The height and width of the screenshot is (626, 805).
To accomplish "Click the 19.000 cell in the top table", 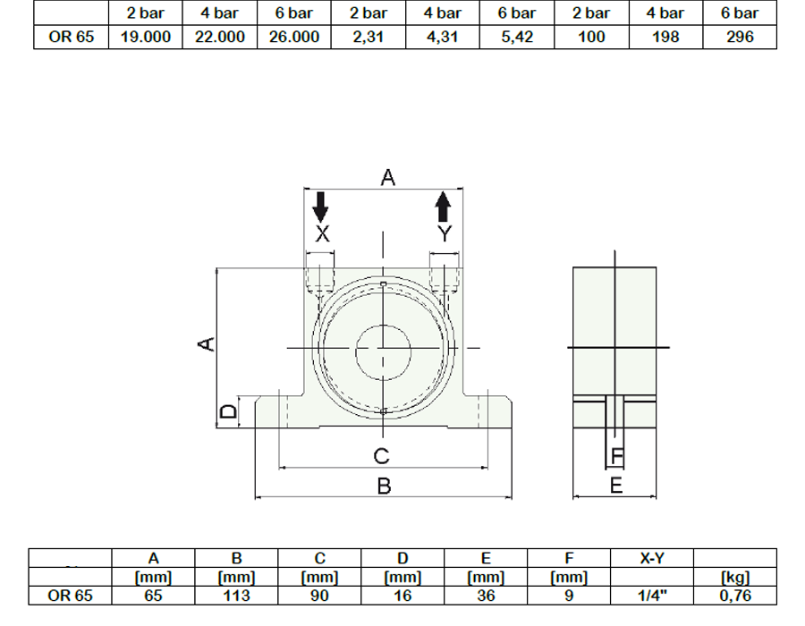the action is [x=145, y=37].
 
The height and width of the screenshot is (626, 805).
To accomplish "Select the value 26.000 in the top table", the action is [x=294, y=37].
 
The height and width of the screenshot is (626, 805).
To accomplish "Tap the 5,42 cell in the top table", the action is [x=517, y=37].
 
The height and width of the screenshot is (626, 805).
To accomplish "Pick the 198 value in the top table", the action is [x=665, y=37].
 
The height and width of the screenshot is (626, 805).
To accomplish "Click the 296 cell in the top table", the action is [x=740, y=37].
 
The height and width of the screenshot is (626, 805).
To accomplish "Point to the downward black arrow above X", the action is [x=320, y=207].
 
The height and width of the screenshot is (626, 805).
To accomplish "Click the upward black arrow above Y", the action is [x=443, y=207].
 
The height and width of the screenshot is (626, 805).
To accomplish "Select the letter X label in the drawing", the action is [x=322, y=234].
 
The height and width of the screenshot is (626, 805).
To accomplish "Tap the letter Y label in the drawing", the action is [x=445, y=234].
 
